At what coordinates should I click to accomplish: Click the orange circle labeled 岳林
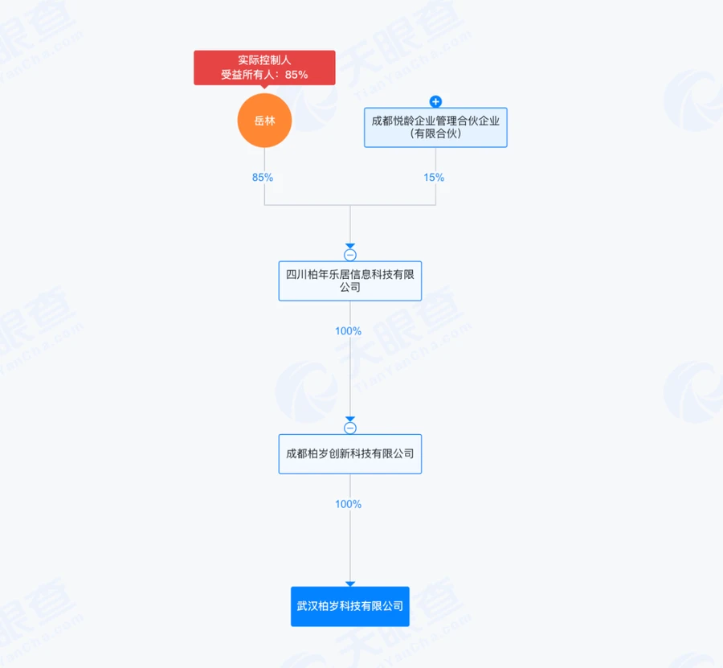264,121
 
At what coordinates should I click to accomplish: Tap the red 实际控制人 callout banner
264,68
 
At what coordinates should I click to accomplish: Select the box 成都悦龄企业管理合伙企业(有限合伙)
435,127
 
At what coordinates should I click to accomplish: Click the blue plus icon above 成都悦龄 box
435,101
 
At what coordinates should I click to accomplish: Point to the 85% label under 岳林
263,177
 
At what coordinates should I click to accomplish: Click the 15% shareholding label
434,177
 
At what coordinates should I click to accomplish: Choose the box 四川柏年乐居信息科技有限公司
350,281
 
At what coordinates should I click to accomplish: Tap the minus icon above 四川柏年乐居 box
350,255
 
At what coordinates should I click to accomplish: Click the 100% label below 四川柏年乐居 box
348,330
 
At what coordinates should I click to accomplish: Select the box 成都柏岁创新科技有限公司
350,454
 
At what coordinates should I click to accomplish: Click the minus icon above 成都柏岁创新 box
350,428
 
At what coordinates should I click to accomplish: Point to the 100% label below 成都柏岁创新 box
348,504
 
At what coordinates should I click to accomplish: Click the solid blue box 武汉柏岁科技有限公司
350,607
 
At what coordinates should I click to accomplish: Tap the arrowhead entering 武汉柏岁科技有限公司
350,584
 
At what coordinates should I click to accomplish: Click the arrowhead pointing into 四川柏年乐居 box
350,246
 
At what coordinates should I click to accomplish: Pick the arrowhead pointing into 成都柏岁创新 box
350,419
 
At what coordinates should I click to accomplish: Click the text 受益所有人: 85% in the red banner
264,75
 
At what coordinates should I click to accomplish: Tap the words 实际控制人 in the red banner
264,60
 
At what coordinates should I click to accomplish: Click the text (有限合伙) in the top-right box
435,133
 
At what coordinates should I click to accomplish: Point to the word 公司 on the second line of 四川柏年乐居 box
350,288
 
